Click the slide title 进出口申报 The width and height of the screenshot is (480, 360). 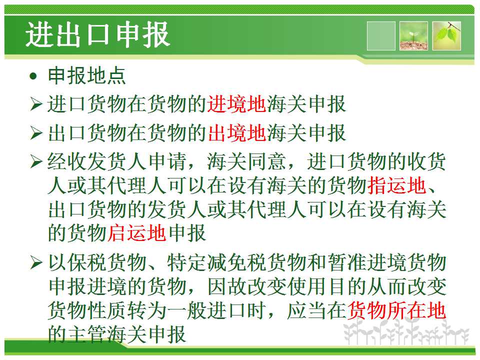click(97, 34)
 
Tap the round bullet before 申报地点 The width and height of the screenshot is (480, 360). click(33, 75)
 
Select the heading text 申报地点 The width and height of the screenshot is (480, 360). click(87, 75)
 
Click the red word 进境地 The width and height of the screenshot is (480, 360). click(236, 104)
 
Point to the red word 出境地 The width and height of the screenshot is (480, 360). click(236, 132)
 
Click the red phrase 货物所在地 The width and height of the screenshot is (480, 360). click(396, 310)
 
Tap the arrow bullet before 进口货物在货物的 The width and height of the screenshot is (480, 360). click(36, 104)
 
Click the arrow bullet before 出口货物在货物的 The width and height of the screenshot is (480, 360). click(36, 132)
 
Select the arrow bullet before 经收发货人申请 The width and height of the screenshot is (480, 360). click(36, 161)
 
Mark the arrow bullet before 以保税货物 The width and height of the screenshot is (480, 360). click(36, 262)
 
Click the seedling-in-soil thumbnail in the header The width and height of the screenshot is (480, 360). click(413, 36)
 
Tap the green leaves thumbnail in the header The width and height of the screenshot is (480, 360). click(446, 36)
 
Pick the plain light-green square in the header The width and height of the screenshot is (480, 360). click(381, 36)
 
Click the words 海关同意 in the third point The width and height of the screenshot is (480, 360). click(246, 161)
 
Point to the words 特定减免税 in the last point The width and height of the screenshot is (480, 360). click(216, 262)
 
